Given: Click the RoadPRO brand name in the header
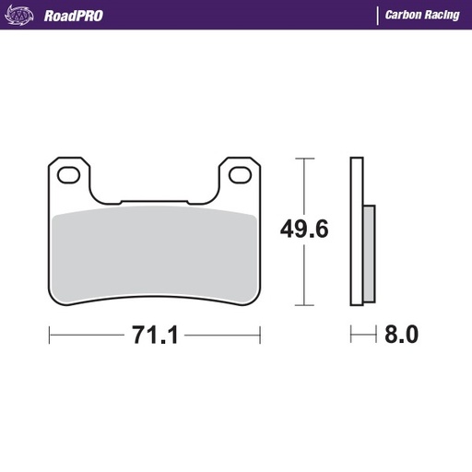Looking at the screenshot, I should [73, 15].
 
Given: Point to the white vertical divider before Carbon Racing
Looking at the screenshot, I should [376, 15].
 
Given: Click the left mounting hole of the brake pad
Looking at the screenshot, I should [68, 174].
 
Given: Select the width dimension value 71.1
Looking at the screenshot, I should [153, 335].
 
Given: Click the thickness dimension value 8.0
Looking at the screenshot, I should [400, 335].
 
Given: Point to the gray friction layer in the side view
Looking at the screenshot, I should [370, 253].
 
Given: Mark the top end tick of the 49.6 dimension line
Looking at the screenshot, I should [303, 158].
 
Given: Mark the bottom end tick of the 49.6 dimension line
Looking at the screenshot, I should [303, 305].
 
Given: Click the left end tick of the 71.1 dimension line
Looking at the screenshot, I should [48, 335].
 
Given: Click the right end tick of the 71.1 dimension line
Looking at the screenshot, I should [261, 335].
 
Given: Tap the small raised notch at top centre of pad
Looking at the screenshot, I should [154, 199].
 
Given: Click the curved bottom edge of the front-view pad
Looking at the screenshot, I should [154, 297].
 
